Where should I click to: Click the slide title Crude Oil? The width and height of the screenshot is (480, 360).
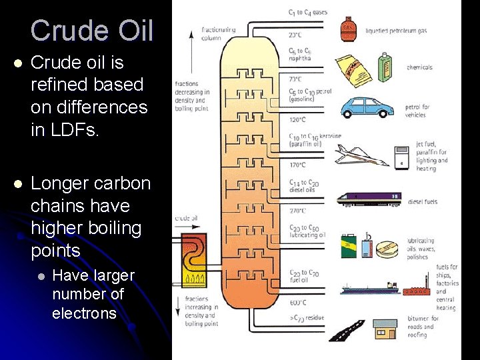coord(91,31)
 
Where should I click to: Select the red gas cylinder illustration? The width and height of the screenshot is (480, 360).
coord(347,29)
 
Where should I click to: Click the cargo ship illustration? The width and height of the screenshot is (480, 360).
coord(370,289)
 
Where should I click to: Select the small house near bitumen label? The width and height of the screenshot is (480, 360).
coord(385,329)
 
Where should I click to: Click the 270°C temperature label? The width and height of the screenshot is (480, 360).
coord(297,211)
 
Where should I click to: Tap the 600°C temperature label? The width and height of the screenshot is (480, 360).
coord(297,302)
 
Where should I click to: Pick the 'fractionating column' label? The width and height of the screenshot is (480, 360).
coord(218,34)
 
